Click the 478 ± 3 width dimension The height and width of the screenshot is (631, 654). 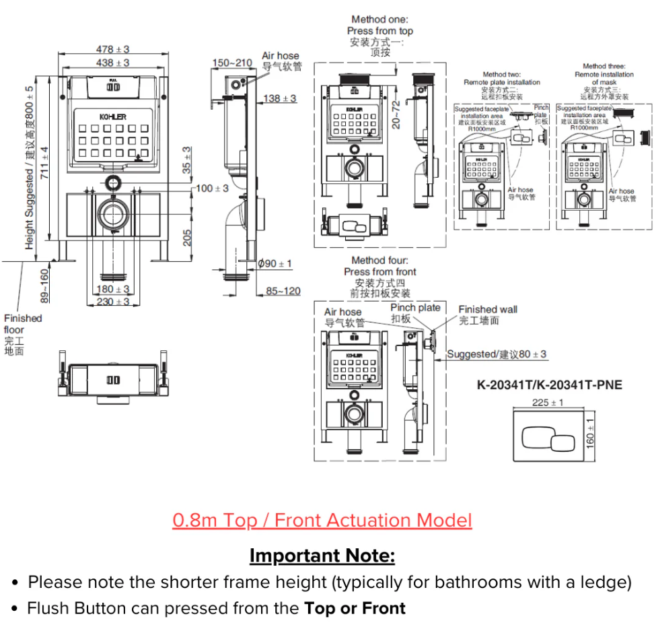pos(112,49)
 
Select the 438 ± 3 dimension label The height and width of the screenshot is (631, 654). pos(112,63)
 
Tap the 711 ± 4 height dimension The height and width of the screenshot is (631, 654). pos(44,164)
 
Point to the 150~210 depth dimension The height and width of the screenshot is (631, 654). pos(232,63)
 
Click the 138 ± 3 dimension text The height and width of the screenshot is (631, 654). pos(279,99)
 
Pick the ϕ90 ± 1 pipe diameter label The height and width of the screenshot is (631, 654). pos(275,263)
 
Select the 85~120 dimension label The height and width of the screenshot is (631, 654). pos(283,291)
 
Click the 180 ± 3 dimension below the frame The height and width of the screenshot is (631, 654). pos(112,290)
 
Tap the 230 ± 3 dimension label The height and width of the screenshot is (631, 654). pos(112,302)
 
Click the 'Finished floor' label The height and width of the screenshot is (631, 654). pos(22,324)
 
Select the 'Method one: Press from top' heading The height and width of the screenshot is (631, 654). pos(380,26)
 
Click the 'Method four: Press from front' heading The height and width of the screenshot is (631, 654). pos(380,266)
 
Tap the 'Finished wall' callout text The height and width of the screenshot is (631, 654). pos(488,309)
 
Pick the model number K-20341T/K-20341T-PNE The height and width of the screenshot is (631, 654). pos(550,385)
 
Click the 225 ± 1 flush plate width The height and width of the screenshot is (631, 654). pos(548,403)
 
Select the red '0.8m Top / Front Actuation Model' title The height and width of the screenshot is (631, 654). pos(322,521)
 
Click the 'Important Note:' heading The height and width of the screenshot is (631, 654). pos(322,556)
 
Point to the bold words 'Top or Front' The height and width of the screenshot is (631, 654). pos(355,609)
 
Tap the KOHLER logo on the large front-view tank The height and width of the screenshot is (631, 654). pos(113,117)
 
